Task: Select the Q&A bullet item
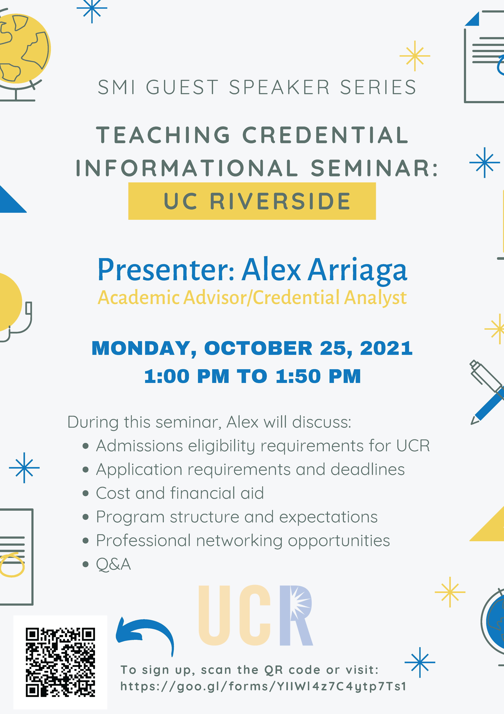pyautogui.click(x=113, y=564)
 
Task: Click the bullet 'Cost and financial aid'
pyautogui.click(x=180, y=493)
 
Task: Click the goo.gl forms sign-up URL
pyautogui.click(x=263, y=686)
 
